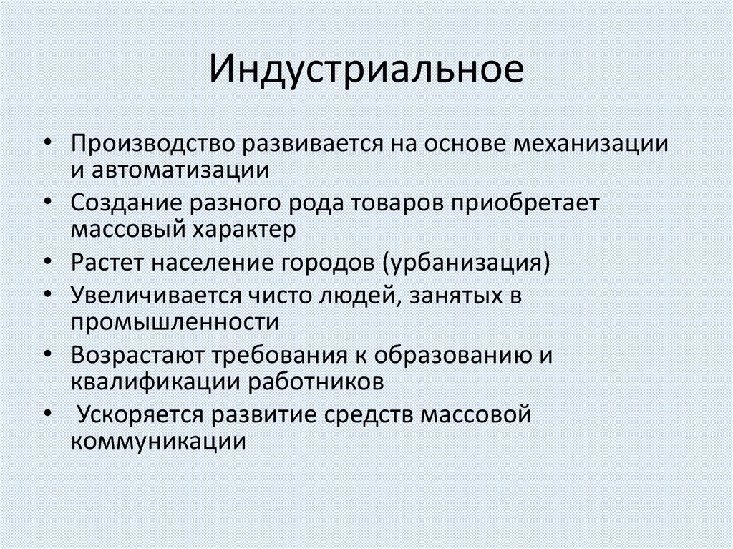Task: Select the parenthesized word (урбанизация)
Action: click(466, 263)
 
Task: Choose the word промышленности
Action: click(175, 323)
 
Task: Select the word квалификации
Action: click(155, 381)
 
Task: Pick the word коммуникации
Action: click(158, 441)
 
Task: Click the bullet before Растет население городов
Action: click(48, 262)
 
